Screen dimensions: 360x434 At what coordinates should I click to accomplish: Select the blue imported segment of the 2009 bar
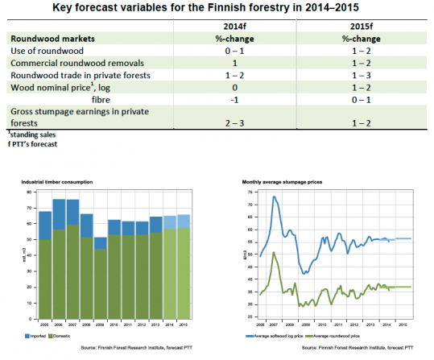click(101, 243)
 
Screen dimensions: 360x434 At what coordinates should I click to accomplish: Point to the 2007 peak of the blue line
click(274, 197)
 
